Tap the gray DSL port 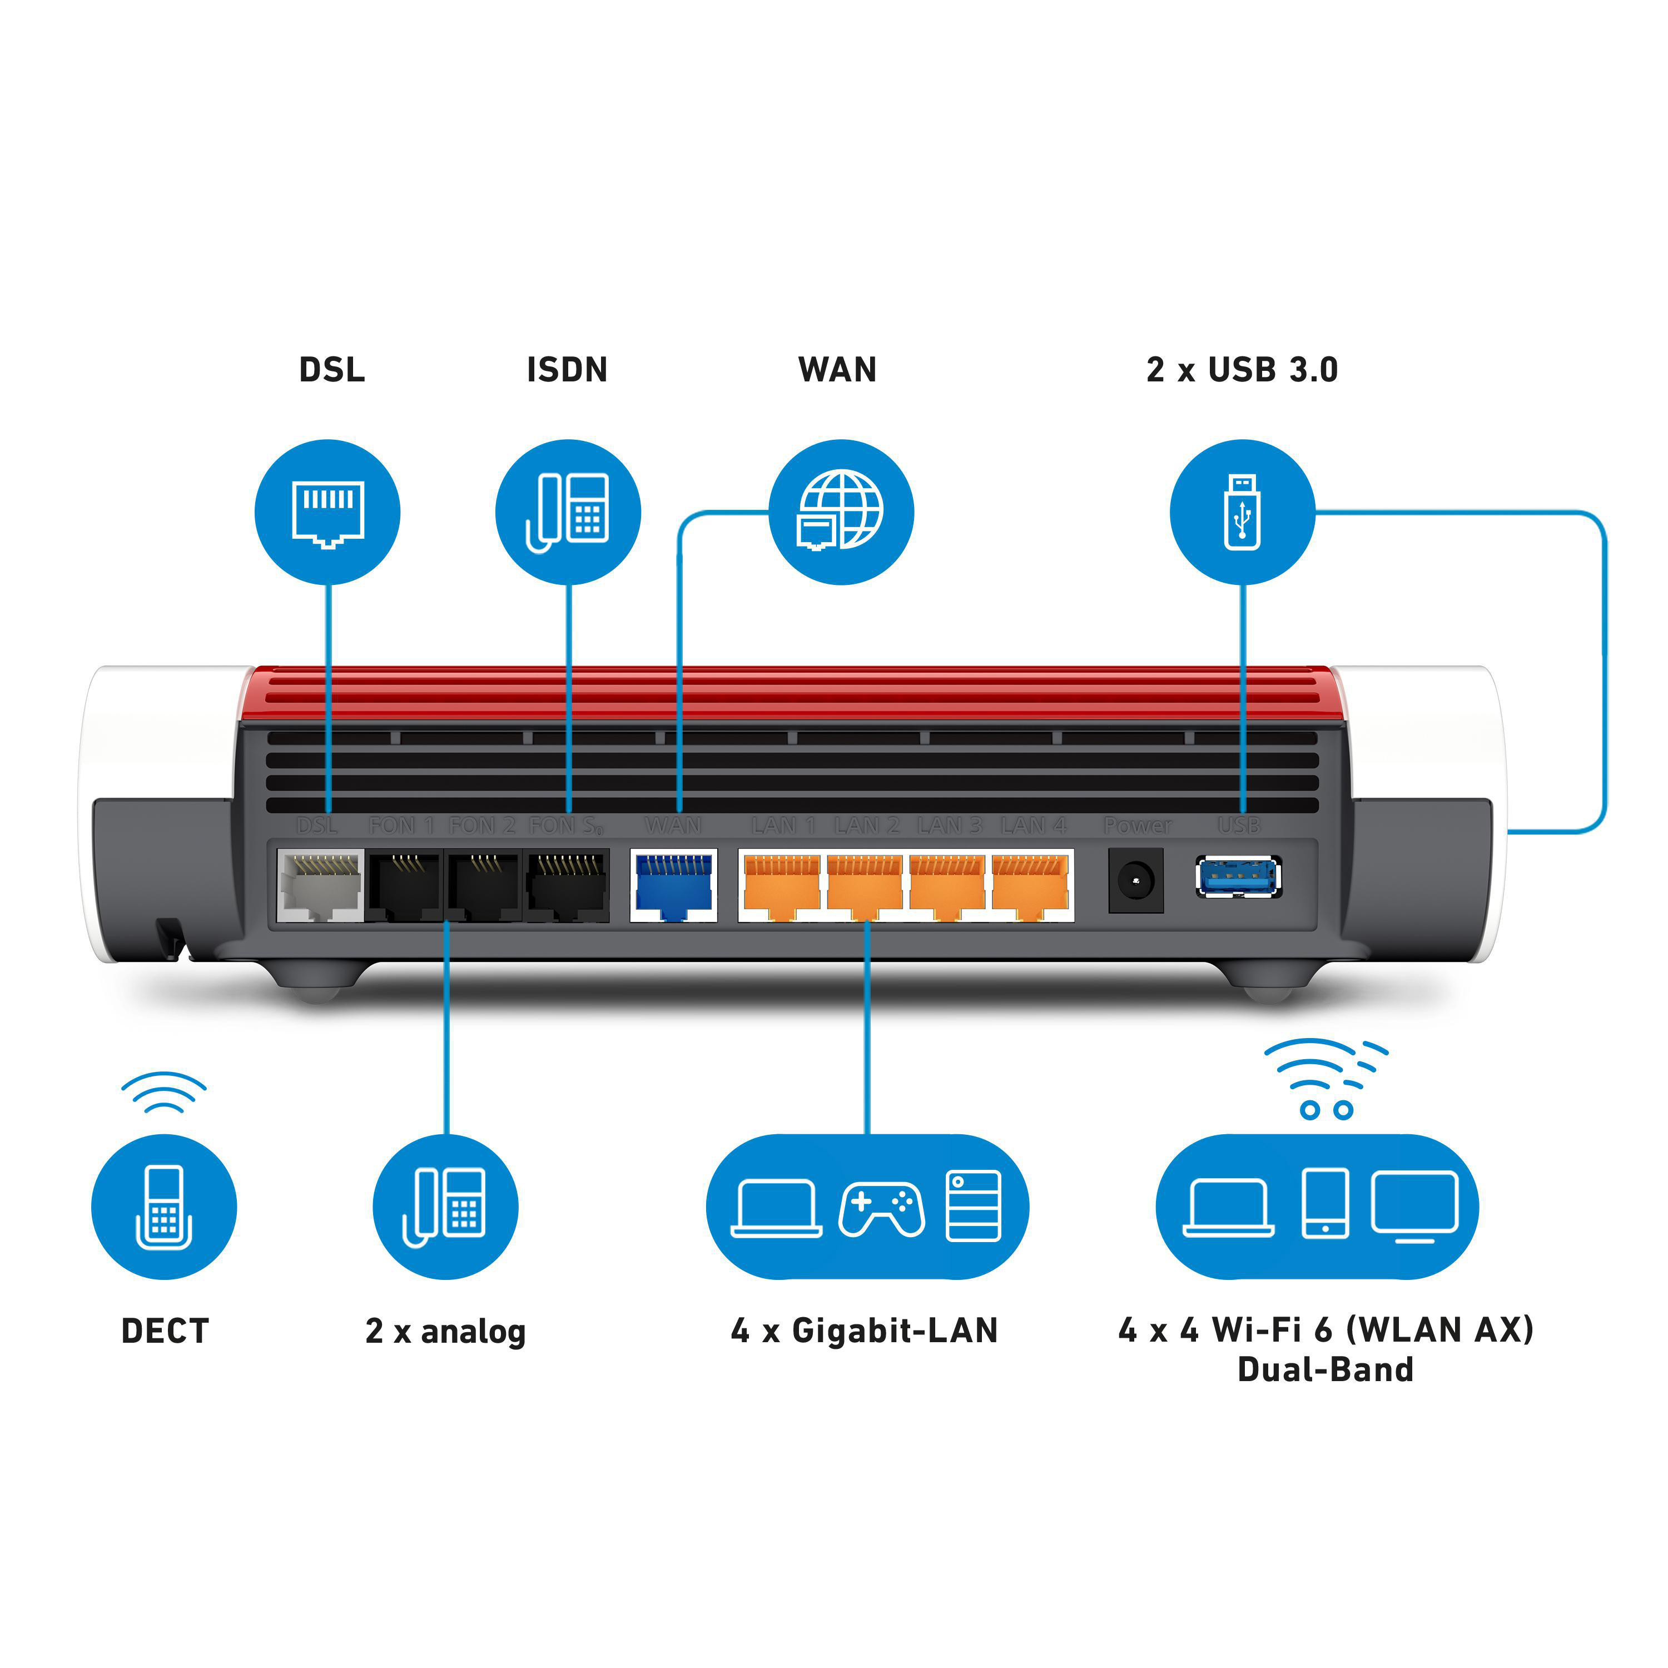pos(320,885)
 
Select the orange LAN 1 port pos(781,885)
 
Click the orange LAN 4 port pos(1030,885)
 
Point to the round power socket pos(1135,881)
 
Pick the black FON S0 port pos(567,885)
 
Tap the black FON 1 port pos(404,885)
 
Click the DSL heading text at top pos(331,370)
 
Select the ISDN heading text pos(567,370)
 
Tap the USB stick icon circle pos(1242,512)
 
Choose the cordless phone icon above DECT pos(164,1206)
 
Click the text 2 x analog pos(445,1331)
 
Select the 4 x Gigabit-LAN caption pos(864,1331)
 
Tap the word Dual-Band pos(1326,1369)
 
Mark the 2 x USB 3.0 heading pos(1242,370)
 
